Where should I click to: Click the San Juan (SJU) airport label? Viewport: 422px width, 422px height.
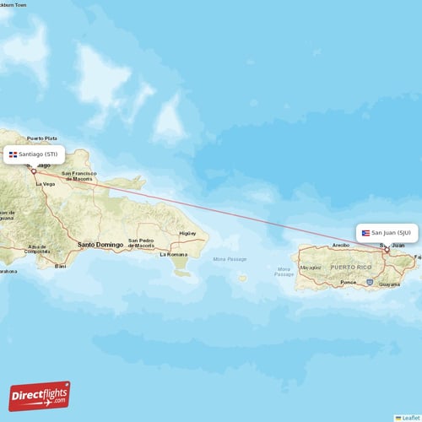click(x=391, y=232)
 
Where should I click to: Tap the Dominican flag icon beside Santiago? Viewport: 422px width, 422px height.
click(x=13, y=154)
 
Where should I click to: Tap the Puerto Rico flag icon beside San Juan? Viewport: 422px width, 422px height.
click(x=366, y=232)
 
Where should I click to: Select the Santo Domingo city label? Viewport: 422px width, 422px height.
click(x=100, y=245)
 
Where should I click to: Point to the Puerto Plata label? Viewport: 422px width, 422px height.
click(x=41, y=138)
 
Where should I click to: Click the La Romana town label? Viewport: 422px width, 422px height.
click(x=174, y=254)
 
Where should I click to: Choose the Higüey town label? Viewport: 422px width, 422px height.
click(x=187, y=233)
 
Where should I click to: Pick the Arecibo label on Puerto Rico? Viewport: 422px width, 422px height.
click(x=341, y=245)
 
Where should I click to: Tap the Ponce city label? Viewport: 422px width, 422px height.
click(x=348, y=283)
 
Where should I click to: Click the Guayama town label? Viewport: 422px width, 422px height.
click(x=389, y=284)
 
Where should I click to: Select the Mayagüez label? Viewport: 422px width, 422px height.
click(x=311, y=268)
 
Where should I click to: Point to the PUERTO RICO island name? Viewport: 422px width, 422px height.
click(x=350, y=267)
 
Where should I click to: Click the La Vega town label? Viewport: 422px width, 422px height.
click(x=44, y=183)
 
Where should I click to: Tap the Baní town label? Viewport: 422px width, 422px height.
click(x=60, y=266)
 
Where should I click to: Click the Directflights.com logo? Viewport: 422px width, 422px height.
click(x=39, y=395)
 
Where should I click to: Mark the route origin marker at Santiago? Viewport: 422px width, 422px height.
click(x=34, y=170)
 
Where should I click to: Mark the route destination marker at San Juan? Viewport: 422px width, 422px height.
click(x=387, y=248)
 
